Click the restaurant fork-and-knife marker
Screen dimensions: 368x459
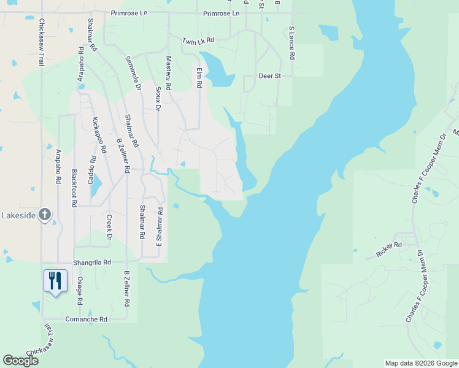point(55,281)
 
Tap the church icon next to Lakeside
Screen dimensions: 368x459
point(44,215)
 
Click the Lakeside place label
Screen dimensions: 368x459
point(18,215)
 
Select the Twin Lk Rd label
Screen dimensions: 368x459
point(198,40)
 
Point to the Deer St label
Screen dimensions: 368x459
point(269,76)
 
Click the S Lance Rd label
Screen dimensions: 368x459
point(292,43)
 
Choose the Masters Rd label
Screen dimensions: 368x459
point(169,73)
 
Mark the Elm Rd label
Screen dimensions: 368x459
point(199,78)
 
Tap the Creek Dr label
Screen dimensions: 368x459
point(109,227)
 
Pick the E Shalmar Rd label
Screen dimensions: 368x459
point(160,227)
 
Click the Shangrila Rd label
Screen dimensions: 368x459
point(92,262)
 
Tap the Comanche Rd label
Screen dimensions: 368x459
point(87,320)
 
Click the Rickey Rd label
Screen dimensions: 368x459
point(389,245)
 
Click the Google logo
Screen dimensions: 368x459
point(20,361)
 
